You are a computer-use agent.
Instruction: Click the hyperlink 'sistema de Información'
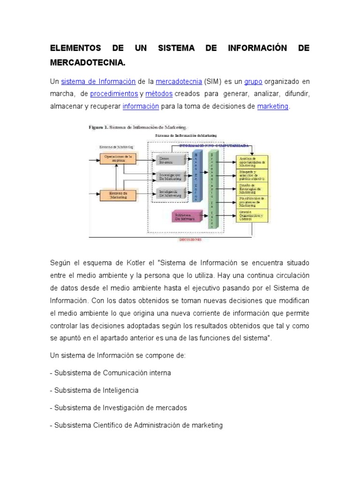click(98, 82)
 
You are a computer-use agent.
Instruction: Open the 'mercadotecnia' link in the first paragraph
click(179, 82)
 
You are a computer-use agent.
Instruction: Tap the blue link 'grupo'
click(254, 82)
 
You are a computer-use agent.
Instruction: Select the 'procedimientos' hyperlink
click(114, 94)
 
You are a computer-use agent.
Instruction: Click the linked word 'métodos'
click(159, 94)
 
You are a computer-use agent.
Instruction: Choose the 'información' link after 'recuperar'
click(141, 106)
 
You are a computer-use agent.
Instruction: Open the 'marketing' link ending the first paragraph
click(273, 106)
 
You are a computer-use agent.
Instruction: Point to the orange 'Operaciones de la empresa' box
click(118, 158)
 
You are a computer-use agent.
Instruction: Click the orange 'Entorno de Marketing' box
click(118, 195)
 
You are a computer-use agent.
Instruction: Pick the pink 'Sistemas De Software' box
click(186, 217)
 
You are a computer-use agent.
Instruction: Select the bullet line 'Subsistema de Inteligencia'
click(96, 390)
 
